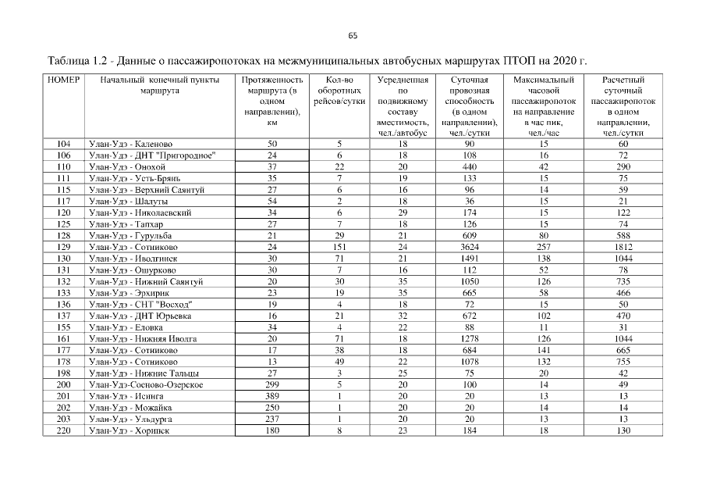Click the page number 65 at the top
pyautogui.click(x=353, y=35)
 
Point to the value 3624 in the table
pyautogui.click(x=470, y=247)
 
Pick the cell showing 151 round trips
pyautogui.click(x=339, y=247)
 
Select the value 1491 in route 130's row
pyautogui.click(x=470, y=258)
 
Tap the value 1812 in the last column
pyautogui.click(x=623, y=247)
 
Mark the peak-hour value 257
pyautogui.click(x=544, y=247)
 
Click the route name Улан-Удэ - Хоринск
pyautogui.click(x=129, y=430)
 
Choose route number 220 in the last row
pyautogui.click(x=64, y=430)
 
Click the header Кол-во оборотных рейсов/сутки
pyautogui.click(x=339, y=91)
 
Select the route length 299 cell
pyautogui.click(x=272, y=385)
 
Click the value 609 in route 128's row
pyautogui.click(x=470, y=235)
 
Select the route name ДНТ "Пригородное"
pyautogui.click(x=152, y=155)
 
